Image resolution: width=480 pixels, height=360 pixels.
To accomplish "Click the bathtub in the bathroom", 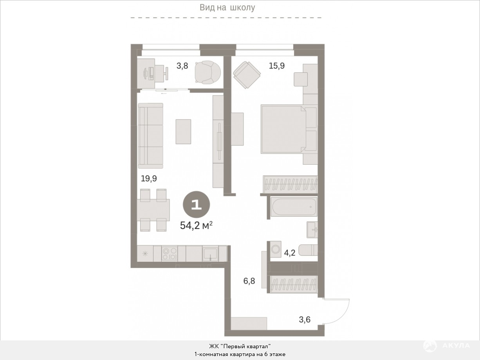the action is point(294,207).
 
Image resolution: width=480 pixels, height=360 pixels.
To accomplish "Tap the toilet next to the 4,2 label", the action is point(308,250).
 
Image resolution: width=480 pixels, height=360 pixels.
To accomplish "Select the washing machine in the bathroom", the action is point(276,249).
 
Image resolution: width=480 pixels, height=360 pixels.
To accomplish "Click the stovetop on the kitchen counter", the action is point(170,253).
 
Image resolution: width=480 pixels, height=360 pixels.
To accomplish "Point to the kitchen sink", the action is point(210,253).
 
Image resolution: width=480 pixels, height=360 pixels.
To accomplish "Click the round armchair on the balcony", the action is point(208,72).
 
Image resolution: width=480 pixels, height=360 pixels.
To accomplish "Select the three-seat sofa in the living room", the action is point(151,136).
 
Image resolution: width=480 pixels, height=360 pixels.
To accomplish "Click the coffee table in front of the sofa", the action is point(183,131).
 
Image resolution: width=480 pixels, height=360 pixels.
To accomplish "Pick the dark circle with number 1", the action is point(197,205).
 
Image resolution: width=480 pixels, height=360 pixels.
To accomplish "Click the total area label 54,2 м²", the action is point(196,225).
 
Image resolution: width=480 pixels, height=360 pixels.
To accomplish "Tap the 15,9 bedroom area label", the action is point(277,66).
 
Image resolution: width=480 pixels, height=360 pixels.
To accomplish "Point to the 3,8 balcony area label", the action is point(182,66).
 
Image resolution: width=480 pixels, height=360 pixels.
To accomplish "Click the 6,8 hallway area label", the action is point(249,281).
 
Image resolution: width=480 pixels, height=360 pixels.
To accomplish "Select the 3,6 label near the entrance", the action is point(305,320).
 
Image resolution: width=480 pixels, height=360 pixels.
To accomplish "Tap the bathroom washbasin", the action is point(312,230).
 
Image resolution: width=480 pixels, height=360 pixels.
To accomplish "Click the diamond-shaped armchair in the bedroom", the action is point(247,75).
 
